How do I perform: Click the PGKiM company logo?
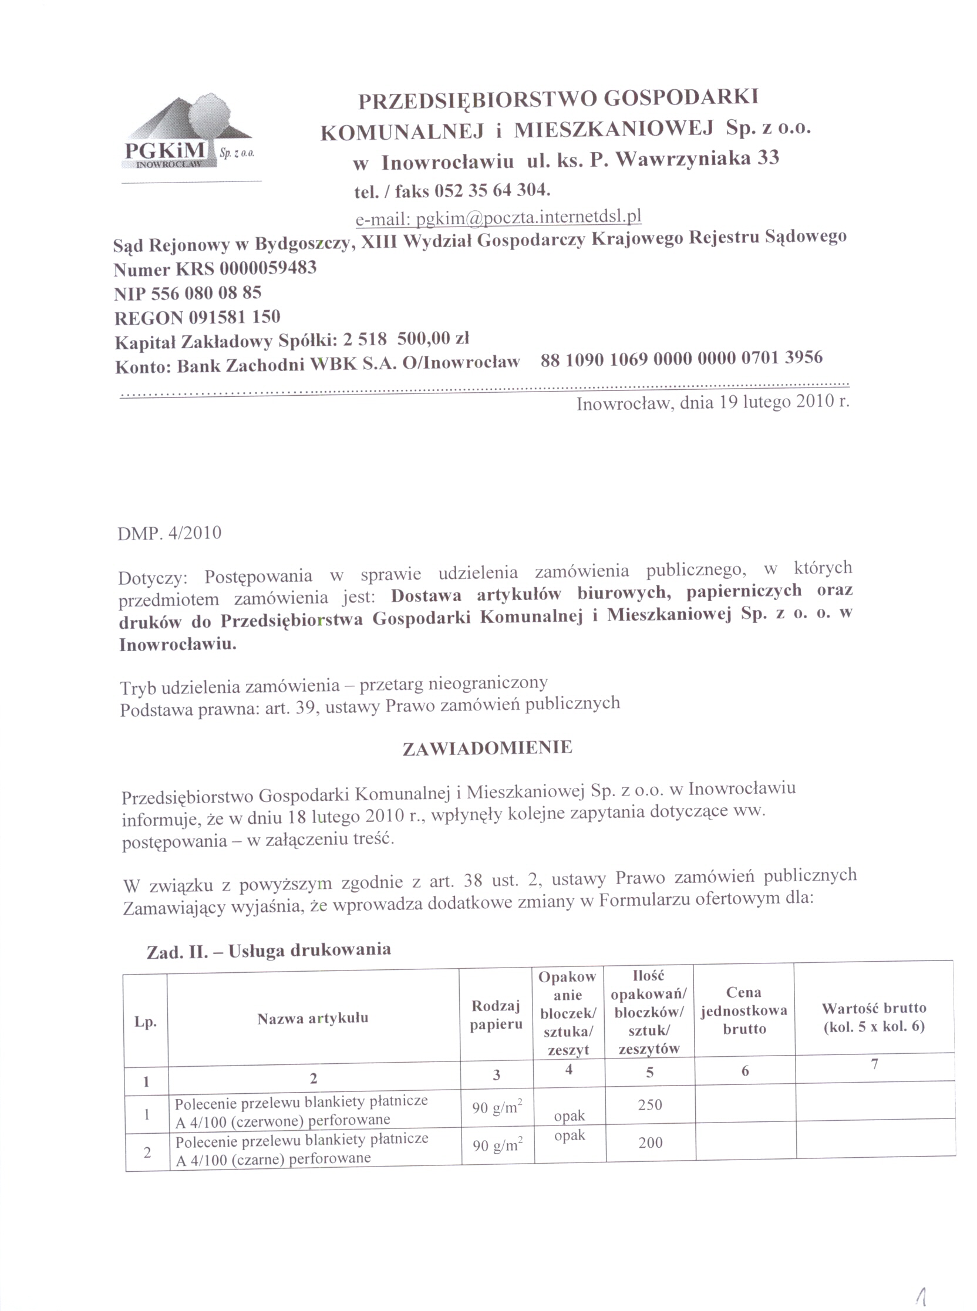188,134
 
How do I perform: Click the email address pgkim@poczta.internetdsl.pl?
528,218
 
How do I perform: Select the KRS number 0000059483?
268,268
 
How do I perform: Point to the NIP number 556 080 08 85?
207,294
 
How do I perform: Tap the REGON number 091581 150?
234,318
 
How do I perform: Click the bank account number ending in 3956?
681,358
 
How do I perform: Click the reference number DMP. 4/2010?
170,534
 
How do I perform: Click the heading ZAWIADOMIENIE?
487,748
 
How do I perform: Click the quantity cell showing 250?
650,1104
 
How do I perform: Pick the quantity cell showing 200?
650,1143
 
